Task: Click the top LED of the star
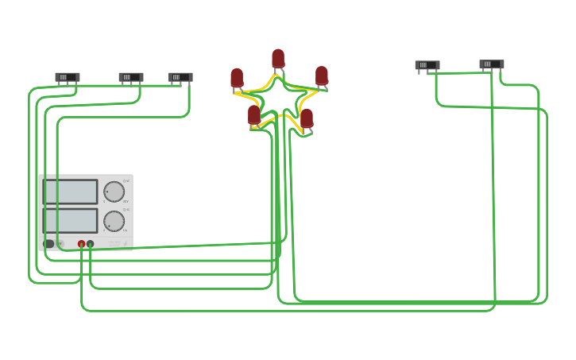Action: coord(278,59)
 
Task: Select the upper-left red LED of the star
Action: coord(237,78)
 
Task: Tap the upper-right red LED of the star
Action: coord(322,75)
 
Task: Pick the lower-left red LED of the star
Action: coord(254,115)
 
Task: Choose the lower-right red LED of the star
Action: coord(307,118)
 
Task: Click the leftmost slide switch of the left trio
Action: coord(68,77)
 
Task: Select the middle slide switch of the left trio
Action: coord(131,77)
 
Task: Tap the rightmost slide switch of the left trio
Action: coord(180,77)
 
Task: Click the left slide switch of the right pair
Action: coord(427,65)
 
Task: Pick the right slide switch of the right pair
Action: coord(492,64)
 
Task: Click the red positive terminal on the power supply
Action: coord(81,244)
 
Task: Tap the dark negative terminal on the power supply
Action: coord(91,244)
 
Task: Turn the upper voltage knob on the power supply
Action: coord(114,192)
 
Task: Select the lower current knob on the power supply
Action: coord(114,221)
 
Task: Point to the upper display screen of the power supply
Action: coord(71,192)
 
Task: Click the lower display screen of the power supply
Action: coord(71,221)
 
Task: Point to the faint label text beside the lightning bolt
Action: coord(114,243)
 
